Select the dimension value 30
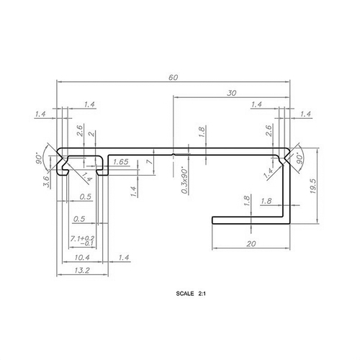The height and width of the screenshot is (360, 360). coord(232,93)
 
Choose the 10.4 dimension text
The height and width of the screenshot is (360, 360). coord(82,257)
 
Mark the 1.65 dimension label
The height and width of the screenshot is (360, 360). coord(120,163)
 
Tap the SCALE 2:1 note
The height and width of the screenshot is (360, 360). coord(190,294)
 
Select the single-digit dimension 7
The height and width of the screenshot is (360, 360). coord(148,163)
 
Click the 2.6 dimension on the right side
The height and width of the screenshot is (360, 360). coord(269,131)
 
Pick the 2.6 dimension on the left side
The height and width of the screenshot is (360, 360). coord(79,131)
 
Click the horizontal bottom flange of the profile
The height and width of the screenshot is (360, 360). coord(248,217)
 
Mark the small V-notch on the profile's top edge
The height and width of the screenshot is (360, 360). coord(176,153)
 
